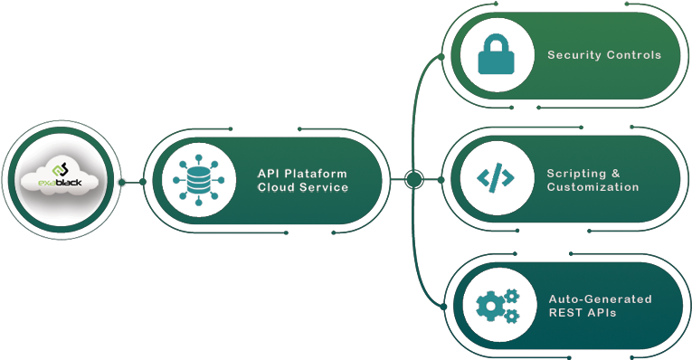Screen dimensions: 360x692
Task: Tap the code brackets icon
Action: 495,178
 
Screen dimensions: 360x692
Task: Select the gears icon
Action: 497,305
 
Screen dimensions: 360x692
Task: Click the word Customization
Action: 592,187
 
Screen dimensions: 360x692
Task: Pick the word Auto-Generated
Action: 600,299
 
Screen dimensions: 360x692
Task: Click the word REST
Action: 565,313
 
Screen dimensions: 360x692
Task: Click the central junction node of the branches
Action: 413,179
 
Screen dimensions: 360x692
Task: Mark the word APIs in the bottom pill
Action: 602,313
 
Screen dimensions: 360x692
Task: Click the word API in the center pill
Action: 270,174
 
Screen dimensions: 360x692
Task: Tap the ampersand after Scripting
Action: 615,173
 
